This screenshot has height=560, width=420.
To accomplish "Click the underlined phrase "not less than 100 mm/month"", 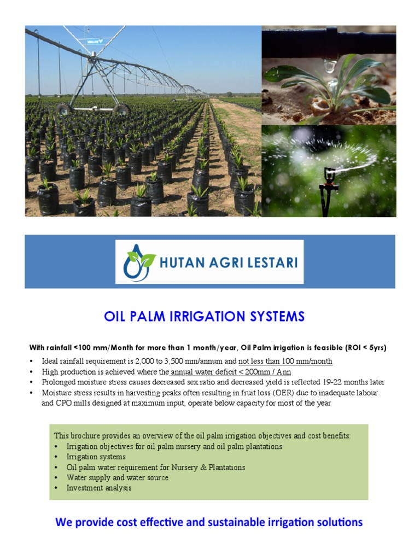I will [285, 361].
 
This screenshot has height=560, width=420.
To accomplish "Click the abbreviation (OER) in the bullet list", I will [269, 393].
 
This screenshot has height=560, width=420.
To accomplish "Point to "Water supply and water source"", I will [118, 477].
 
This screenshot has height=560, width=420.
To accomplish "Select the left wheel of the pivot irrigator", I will [64, 109].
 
